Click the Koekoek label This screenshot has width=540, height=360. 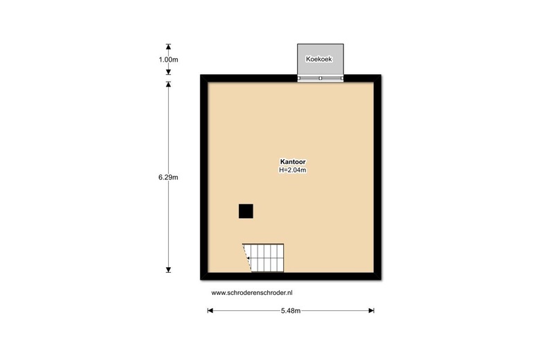coord(319,59)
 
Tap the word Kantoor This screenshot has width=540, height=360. coord(293,161)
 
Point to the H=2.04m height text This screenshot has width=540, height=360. coord(293,170)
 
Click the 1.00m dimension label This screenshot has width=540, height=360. coord(168,60)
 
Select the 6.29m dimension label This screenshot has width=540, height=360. coord(168,177)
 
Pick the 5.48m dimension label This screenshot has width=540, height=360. coord(291,311)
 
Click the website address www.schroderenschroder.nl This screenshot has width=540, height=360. coord(252,292)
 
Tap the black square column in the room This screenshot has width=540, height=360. coord(246,211)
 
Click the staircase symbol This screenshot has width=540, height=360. coord(264,258)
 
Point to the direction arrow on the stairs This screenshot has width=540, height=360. coord(249,258)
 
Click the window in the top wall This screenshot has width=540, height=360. coord(321,78)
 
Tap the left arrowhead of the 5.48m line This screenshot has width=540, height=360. coord(210,311)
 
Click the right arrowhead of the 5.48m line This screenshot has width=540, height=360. coord(371,311)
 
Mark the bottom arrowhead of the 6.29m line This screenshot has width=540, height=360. coord(168,270)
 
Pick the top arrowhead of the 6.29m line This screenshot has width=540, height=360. coord(168,84)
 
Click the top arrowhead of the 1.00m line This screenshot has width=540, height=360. coord(168,47)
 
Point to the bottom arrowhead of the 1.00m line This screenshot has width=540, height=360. coord(168,72)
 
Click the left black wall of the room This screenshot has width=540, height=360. coord(204,177)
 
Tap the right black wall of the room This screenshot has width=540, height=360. coord(377,177)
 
